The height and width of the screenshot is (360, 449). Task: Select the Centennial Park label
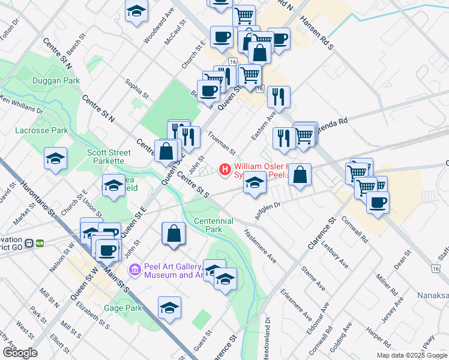(x=213, y=225)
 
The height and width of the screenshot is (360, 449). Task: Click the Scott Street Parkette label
(x=109, y=157)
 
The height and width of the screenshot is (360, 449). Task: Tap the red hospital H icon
(x=225, y=170)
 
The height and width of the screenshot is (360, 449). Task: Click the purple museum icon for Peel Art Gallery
(x=134, y=270)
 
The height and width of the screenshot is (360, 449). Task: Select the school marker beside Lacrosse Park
(x=56, y=159)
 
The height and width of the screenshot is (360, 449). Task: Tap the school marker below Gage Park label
(x=169, y=307)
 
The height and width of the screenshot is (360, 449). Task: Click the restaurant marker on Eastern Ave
(x=279, y=96)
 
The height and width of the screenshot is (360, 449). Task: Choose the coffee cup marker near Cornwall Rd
(x=378, y=202)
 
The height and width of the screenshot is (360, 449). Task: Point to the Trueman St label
(x=221, y=144)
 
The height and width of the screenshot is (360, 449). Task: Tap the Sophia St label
(x=136, y=86)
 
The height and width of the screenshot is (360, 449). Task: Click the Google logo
(x=19, y=352)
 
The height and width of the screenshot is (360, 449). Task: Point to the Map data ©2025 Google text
(x=411, y=355)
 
